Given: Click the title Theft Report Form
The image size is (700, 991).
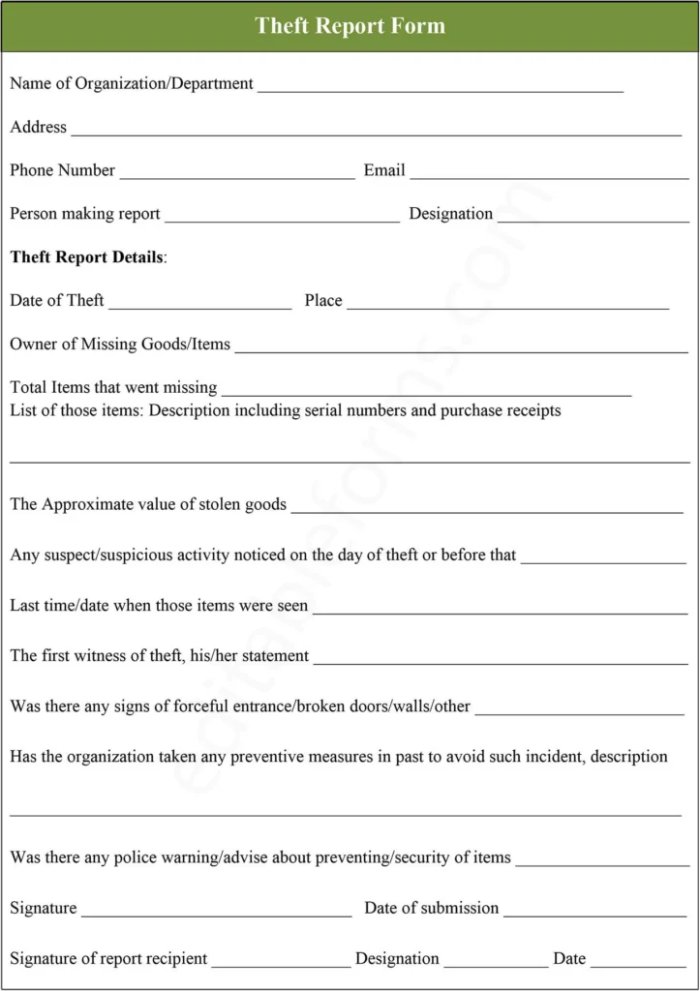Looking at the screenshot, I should click(x=350, y=26).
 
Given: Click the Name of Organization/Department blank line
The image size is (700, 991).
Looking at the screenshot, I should click(x=441, y=88).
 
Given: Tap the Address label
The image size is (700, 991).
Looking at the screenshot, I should click(x=39, y=127).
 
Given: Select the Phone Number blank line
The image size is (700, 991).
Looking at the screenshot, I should click(x=237, y=175).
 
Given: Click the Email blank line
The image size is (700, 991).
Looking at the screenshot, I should click(x=549, y=175).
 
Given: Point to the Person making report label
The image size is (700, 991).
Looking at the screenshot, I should click(x=85, y=214).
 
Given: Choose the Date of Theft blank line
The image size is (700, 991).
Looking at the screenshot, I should click(x=200, y=305).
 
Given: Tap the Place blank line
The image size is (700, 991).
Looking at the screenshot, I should click(x=507, y=305).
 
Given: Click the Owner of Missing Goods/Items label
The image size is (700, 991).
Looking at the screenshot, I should click(x=120, y=344).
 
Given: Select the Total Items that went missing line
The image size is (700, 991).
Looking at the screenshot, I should click(x=426, y=392).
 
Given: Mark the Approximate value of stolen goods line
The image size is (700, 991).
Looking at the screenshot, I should click(x=487, y=508).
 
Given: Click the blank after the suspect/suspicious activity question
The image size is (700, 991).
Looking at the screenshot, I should click(x=603, y=560).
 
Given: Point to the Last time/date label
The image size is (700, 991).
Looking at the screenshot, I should click(x=159, y=606).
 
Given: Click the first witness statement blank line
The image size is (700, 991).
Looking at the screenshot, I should click(x=501, y=660).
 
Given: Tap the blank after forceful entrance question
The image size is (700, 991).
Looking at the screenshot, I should click(x=580, y=711).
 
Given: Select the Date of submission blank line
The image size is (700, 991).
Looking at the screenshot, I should click(x=594, y=913).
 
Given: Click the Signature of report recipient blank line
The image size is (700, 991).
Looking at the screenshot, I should click(x=281, y=963).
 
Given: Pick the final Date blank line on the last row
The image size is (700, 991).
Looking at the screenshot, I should click(x=638, y=963).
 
